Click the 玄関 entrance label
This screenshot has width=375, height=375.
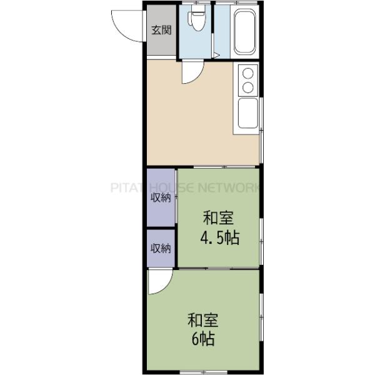pyautogui.click(x=161, y=30)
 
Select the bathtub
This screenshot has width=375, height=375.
pyautogui.click(x=244, y=32)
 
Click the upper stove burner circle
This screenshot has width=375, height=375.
pyautogui.click(x=247, y=73)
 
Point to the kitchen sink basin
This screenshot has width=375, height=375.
pyautogui.click(x=248, y=114)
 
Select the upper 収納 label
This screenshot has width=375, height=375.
pyautogui.click(x=161, y=198)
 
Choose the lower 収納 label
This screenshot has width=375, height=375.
pyautogui.click(x=161, y=248)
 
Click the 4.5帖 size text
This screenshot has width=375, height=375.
pyautogui.click(x=219, y=238)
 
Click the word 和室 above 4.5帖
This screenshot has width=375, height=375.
pyautogui.click(x=219, y=219)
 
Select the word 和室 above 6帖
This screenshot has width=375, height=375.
pyautogui.click(x=203, y=321)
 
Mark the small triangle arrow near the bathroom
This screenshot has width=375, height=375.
pyautogui.click(x=216, y=56)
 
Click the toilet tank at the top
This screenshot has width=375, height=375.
pyautogui.click(x=196, y=11)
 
